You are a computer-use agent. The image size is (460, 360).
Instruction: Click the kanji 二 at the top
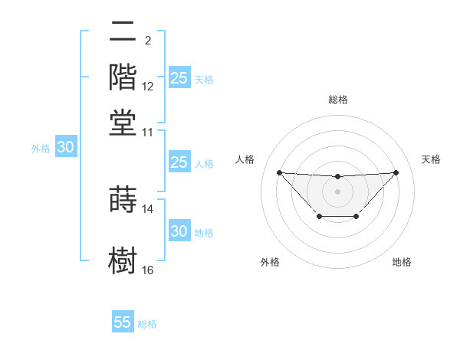[123, 31]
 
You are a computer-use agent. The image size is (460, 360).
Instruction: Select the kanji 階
[123, 77]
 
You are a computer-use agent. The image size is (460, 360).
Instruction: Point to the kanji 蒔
[123, 200]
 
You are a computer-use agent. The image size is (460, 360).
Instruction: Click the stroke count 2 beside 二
[147, 41]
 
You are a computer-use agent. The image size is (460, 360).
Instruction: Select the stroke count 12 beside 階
[148, 87]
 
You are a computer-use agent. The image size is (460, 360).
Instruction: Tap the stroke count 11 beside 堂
[148, 133]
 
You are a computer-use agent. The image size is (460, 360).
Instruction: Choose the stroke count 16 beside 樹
[148, 270]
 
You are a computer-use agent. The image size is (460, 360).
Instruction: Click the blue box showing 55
[123, 322]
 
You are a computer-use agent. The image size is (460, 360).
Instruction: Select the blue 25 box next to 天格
[179, 78]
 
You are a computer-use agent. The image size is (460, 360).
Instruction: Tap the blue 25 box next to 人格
[179, 162]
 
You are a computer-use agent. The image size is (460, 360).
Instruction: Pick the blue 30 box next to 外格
[65, 148]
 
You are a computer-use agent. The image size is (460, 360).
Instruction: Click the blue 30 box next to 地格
[179, 231]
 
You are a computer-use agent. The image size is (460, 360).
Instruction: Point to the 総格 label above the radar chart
[337, 100]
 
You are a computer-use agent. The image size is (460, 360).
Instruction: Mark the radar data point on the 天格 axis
[396, 172]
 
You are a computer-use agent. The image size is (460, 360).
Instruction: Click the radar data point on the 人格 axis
[279, 172]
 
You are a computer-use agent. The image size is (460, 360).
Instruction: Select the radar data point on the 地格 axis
[356, 217]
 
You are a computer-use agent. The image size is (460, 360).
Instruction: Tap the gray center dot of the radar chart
[337, 190]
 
